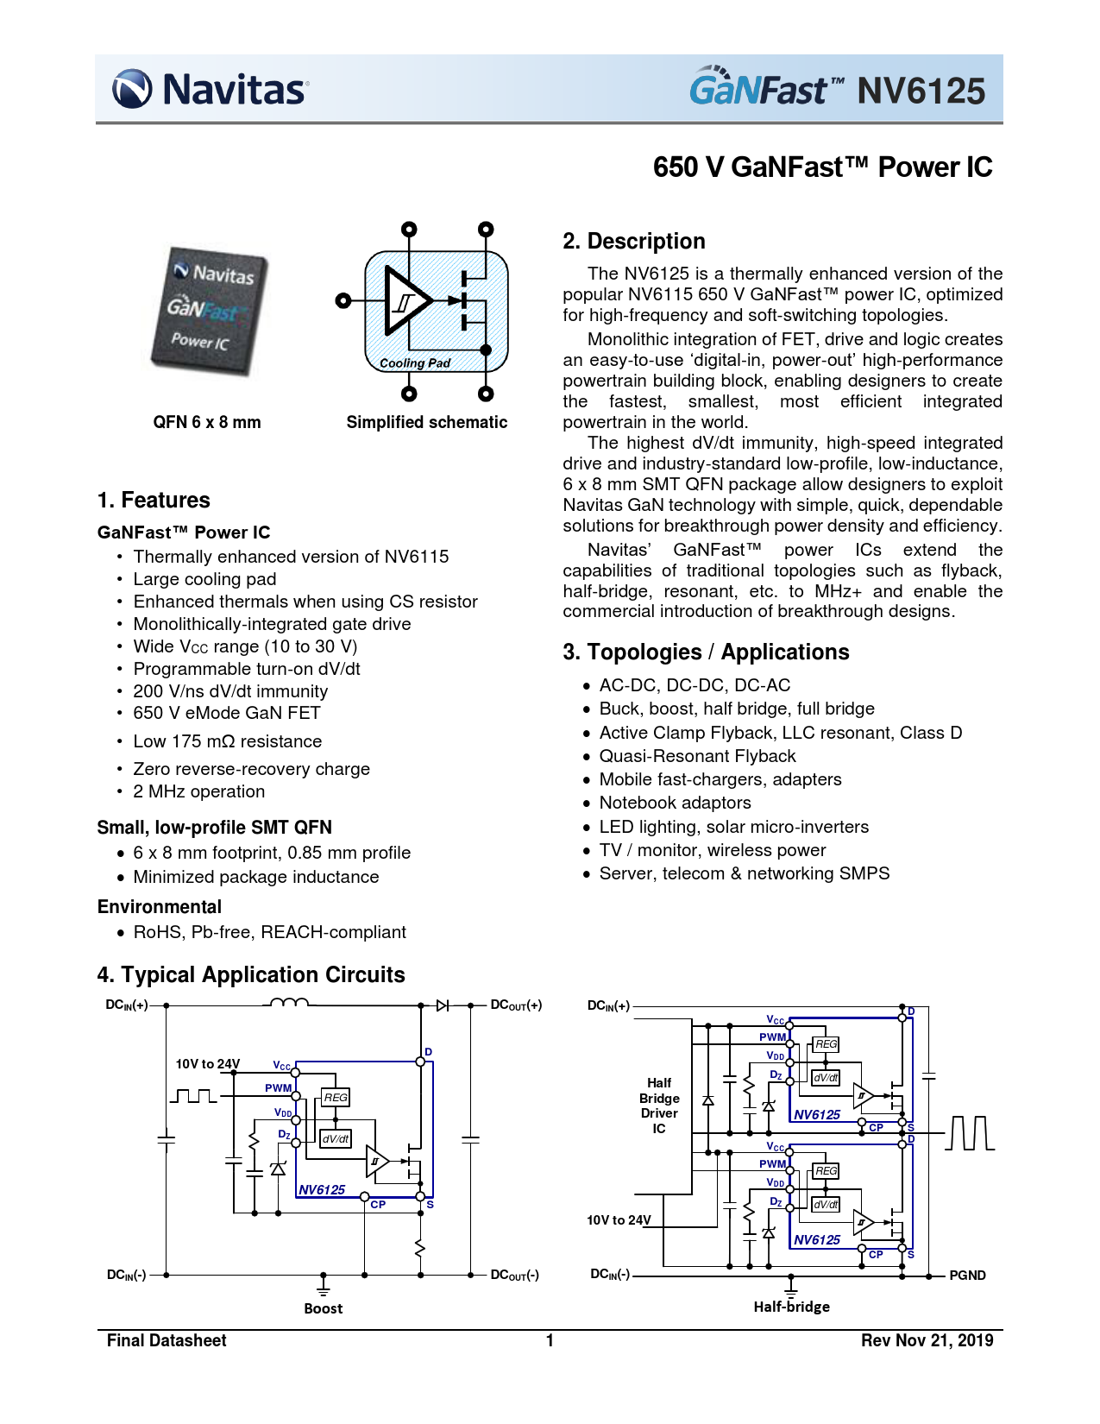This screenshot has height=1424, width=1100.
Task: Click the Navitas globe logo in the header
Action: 132,88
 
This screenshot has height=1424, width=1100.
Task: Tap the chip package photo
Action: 209,311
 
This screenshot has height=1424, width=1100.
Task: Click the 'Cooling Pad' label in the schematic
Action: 415,363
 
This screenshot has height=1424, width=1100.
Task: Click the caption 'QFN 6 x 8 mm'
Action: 206,422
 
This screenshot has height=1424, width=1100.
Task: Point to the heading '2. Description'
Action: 633,241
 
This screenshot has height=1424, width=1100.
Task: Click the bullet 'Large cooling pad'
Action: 204,579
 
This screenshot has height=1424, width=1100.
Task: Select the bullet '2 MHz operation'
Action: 198,791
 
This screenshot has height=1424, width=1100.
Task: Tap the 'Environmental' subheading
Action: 160,907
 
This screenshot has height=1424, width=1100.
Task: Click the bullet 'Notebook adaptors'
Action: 675,803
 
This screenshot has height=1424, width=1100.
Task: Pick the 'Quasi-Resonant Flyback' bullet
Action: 697,756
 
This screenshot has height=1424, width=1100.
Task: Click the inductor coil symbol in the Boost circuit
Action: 289,1002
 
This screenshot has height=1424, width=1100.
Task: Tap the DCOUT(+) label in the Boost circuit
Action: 516,1005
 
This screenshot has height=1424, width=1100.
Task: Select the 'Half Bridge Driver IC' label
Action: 659,1106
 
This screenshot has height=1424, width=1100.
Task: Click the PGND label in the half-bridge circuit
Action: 967,1276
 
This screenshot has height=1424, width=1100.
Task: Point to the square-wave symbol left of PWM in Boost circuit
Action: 192,1096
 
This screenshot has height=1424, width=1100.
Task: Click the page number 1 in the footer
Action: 550,1341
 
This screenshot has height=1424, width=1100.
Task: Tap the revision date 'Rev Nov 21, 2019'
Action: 927,1341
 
